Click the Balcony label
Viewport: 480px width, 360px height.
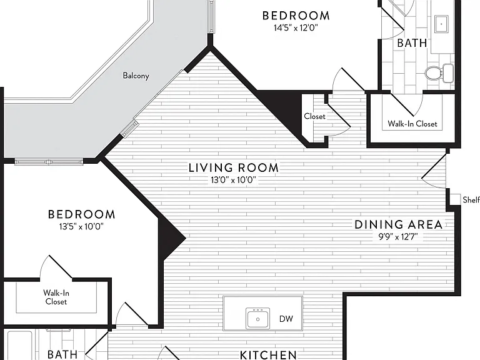[136, 75]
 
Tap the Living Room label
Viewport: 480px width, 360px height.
[234, 167]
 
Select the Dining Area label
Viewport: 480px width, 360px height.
[399, 225]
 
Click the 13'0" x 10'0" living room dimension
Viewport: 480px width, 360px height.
[233, 180]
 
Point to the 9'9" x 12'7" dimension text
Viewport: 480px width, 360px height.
[398, 237]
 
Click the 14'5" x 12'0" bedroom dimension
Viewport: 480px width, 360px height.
[296, 28]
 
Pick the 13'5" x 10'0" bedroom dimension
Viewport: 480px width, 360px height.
[81, 226]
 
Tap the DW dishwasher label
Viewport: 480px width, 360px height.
[286, 319]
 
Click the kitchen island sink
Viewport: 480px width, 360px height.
[257, 318]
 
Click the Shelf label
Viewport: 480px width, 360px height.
[471, 200]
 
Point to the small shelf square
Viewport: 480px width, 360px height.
[455, 199]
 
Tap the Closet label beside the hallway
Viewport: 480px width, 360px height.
[315, 116]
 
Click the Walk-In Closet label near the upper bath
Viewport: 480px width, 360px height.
[412, 124]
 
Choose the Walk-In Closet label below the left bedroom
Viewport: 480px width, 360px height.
[56, 297]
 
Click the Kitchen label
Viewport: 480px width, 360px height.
[268, 355]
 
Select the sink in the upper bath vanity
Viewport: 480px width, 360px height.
[441, 24]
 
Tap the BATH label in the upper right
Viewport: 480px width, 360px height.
[412, 43]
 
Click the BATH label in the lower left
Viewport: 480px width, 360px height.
[62, 354]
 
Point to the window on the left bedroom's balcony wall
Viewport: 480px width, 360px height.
[49, 162]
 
